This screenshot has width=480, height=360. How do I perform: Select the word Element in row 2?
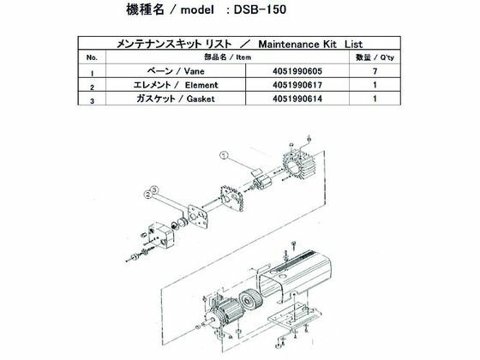207,87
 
